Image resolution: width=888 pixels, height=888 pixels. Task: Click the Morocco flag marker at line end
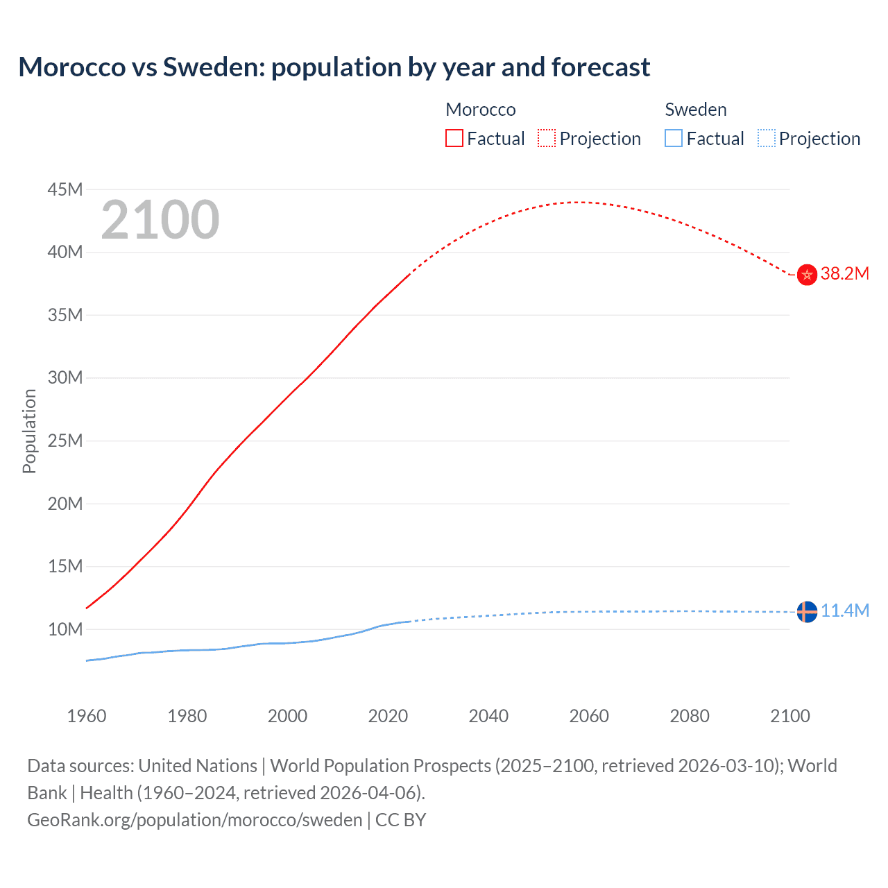point(807,275)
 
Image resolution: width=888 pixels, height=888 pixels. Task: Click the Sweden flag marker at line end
point(807,612)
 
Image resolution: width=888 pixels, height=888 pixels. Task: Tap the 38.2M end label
point(844,273)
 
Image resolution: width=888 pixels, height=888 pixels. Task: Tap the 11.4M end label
point(844,610)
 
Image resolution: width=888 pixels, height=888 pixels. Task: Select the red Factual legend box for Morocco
point(454,139)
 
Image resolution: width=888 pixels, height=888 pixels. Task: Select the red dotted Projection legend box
point(547,139)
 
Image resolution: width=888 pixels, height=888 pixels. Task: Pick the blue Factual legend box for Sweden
point(674,139)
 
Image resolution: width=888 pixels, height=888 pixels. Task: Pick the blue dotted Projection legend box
point(767,139)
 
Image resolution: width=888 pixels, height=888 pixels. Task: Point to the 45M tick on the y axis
point(65,189)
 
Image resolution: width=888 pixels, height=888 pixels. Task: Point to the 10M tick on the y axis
point(65,629)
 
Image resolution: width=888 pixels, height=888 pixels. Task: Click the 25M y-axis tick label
point(65,441)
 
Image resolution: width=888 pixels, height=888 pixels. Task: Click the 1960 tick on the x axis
point(87,716)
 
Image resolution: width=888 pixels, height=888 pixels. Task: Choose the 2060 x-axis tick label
point(589,716)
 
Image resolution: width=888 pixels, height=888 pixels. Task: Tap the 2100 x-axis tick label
point(790,716)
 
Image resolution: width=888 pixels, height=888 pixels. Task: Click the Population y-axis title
point(29,431)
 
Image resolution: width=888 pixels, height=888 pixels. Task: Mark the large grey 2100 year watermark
point(160,220)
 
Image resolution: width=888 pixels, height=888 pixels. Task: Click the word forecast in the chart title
point(601,67)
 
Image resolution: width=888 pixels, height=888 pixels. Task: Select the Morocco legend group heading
point(481,110)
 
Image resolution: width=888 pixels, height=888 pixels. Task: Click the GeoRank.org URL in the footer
point(195,819)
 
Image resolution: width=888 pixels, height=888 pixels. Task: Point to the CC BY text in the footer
point(400,819)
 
